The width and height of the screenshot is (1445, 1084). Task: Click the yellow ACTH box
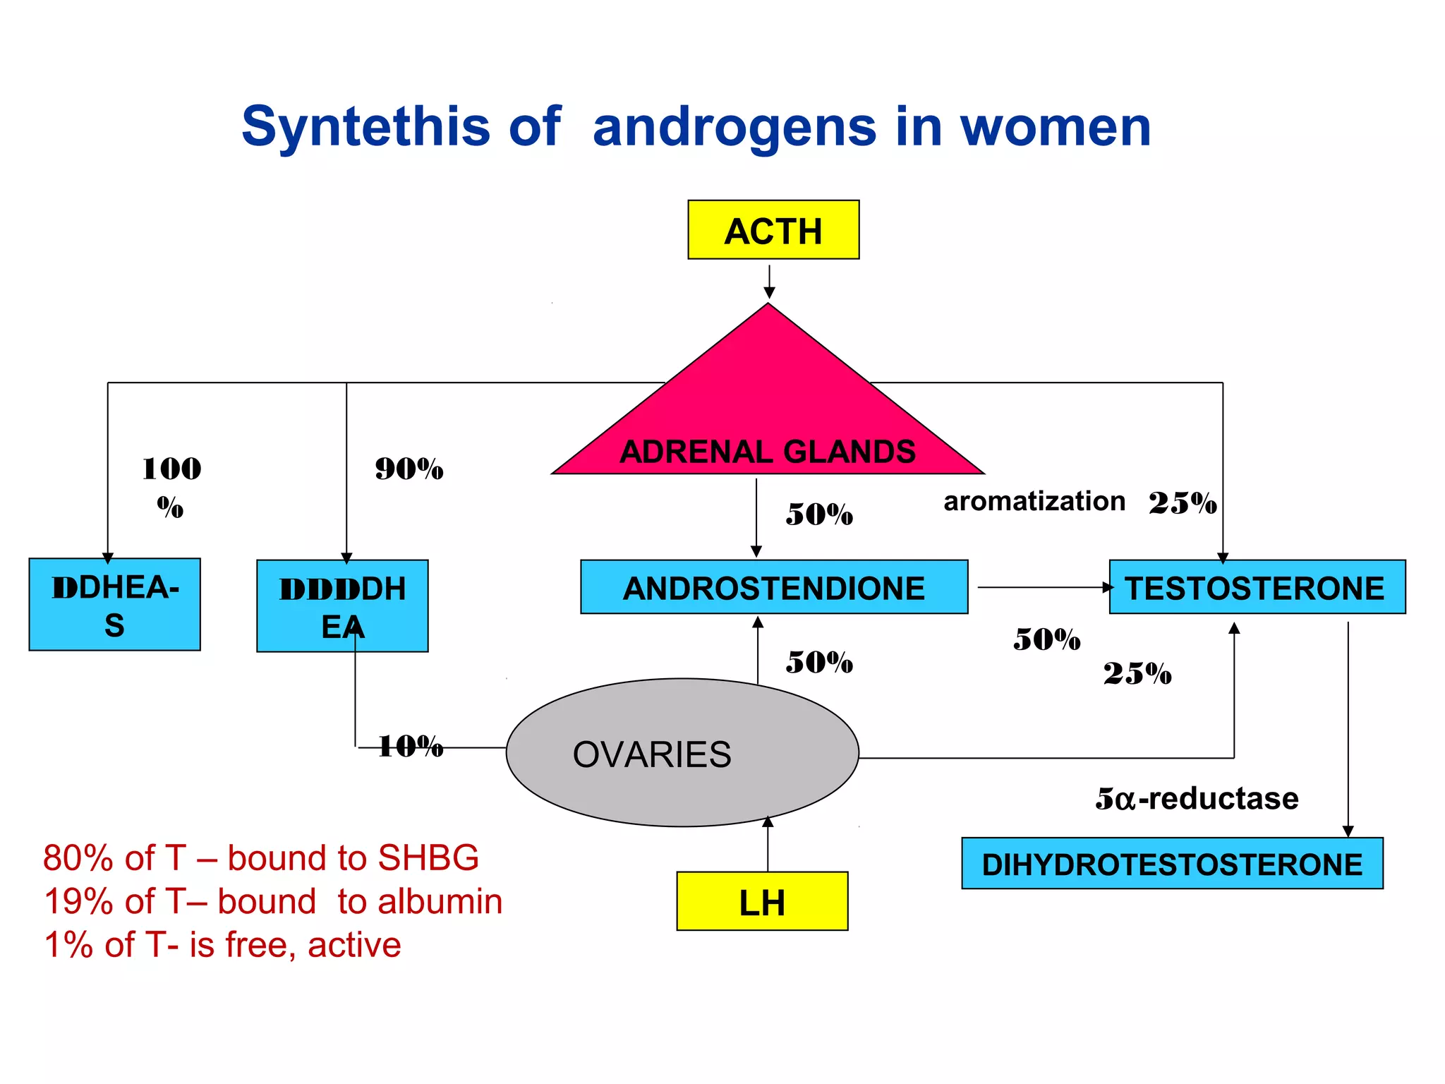coord(773,230)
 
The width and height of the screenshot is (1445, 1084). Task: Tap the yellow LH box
coord(762,901)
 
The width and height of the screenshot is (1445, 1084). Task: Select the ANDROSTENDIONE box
coord(774,587)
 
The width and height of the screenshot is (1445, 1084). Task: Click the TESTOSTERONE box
coord(1257,587)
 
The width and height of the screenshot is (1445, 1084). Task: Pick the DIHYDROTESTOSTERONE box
coord(1172,863)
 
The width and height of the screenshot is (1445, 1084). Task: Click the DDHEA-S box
coord(114,604)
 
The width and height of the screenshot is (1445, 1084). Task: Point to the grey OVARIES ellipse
coord(682,753)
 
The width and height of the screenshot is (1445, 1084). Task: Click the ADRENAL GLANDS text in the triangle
coord(767,452)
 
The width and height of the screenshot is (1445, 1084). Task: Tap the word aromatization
coord(1034,501)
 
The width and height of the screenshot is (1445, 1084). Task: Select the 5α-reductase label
coord(1197,798)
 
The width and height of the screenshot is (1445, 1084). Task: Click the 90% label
coord(409,469)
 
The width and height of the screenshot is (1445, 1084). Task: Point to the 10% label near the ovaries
coord(410,746)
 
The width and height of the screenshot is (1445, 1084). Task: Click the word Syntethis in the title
coord(365,127)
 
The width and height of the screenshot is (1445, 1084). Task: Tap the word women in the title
coord(1056,127)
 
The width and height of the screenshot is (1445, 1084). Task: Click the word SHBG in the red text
coord(428,858)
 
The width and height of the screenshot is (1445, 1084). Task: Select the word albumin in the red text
coord(440,902)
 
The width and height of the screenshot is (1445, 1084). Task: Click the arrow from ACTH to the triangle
coord(769,282)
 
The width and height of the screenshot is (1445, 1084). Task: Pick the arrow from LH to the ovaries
coord(768,844)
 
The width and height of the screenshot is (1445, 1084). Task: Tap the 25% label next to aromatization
coord(1183,503)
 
